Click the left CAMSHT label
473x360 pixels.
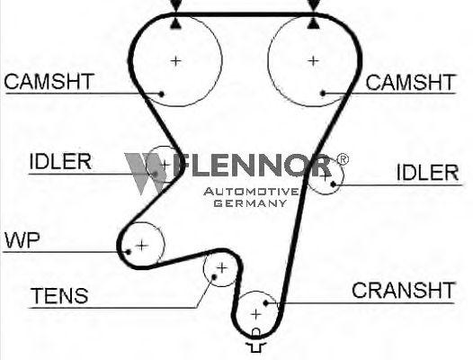(49, 81)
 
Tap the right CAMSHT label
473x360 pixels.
(410, 82)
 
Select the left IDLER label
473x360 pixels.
(60, 161)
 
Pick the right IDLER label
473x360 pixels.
(427, 173)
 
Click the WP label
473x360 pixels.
(22, 240)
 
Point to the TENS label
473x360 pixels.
(59, 295)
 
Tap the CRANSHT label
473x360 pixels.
(403, 290)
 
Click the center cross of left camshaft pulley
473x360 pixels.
(176, 61)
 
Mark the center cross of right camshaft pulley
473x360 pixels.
(313, 61)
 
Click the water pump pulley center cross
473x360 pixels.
(142, 246)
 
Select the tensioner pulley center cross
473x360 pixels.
(222, 268)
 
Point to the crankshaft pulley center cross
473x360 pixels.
(255, 314)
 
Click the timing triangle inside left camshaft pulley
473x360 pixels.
(176, 24)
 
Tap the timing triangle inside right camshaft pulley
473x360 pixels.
(314, 23)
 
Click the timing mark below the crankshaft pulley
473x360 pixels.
(255, 340)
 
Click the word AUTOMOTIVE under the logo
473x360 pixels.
(251, 192)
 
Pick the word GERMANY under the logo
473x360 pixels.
(250, 203)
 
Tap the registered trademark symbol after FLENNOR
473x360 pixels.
(343, 159)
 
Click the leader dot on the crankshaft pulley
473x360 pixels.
(266, 302)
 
